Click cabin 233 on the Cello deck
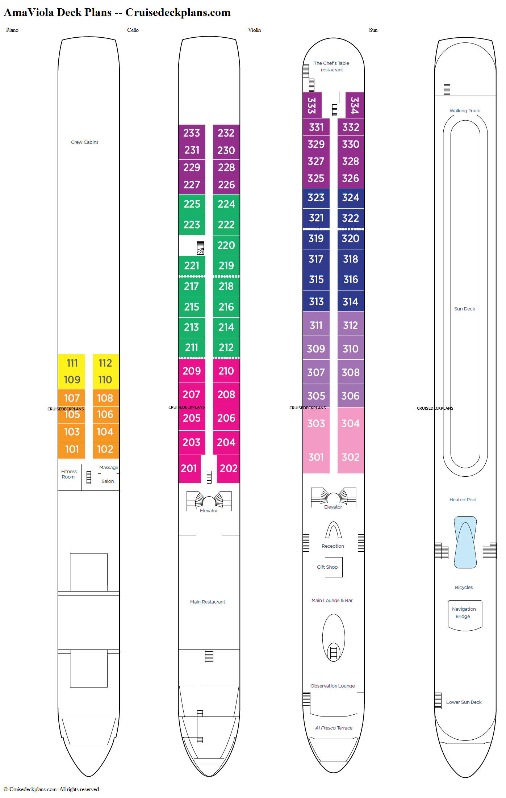[x=192, y=133]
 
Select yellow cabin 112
[x=105, y=363]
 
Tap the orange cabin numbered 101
[x=72, y=449]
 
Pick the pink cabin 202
[x=229, y=468]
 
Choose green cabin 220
[x=226, y=245]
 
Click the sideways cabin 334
[x=355, y=105]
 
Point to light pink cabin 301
[x=316, y=457]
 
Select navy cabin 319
[x=316, y=238]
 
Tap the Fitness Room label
[x=68, y=474]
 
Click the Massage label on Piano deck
[x=109, y=468]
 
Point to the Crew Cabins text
[x=84, y=142]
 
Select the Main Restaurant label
[x=208, y=602]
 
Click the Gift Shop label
[x=327, y=567]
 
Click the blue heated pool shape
[x=465, y=542]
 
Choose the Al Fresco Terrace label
[x=334, y=728]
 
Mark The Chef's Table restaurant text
[x=331, y=67]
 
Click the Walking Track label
[x=465, y=111]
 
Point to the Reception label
[x=333, y=546]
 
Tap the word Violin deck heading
[x=254, y=30]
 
